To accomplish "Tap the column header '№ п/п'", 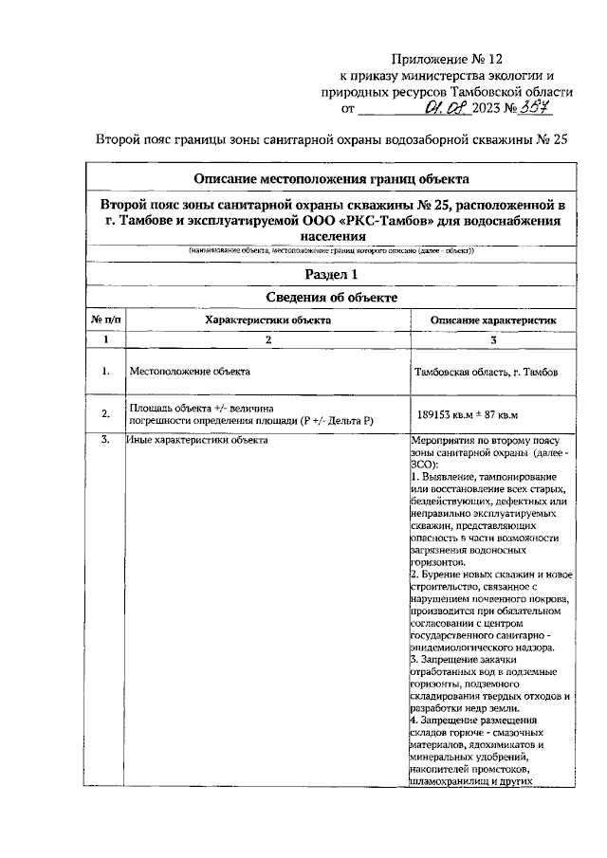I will tap(106, 320).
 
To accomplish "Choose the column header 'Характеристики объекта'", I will tap(267, 320).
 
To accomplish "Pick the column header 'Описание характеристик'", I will tap(492, 320).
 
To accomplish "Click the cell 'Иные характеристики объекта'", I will tap(197, 440).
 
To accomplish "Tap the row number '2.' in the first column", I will tap(106, 412).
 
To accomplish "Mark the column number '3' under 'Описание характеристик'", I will tap(492, 338).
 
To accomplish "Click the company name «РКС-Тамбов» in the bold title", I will tap(391, 221).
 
